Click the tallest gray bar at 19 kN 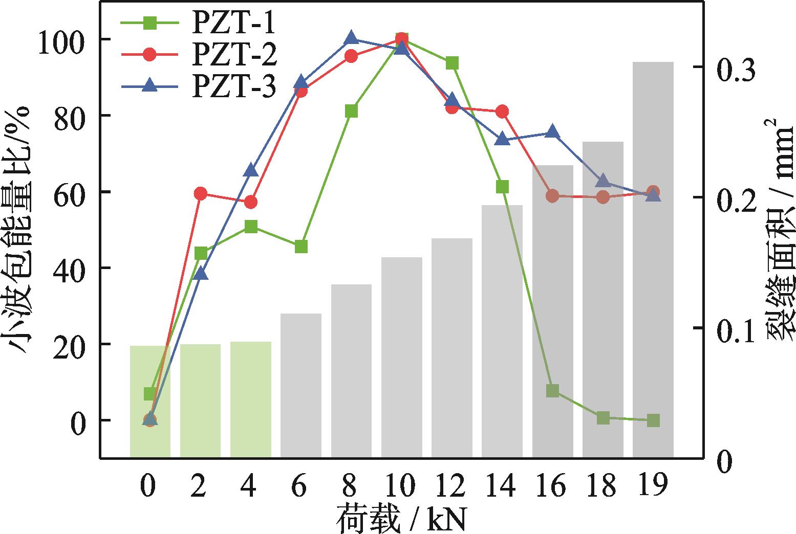[x=653, y=256]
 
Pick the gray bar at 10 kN [x=401, y=358]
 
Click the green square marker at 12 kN [x=452, y=63]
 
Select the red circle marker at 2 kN [x=200, y=193]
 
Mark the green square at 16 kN [x=552, y=391]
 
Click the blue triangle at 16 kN [x=552, y=132]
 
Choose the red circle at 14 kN [x=502, y=112]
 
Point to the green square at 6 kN [x=301, y=247]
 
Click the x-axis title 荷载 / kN [x=402, y=520]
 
